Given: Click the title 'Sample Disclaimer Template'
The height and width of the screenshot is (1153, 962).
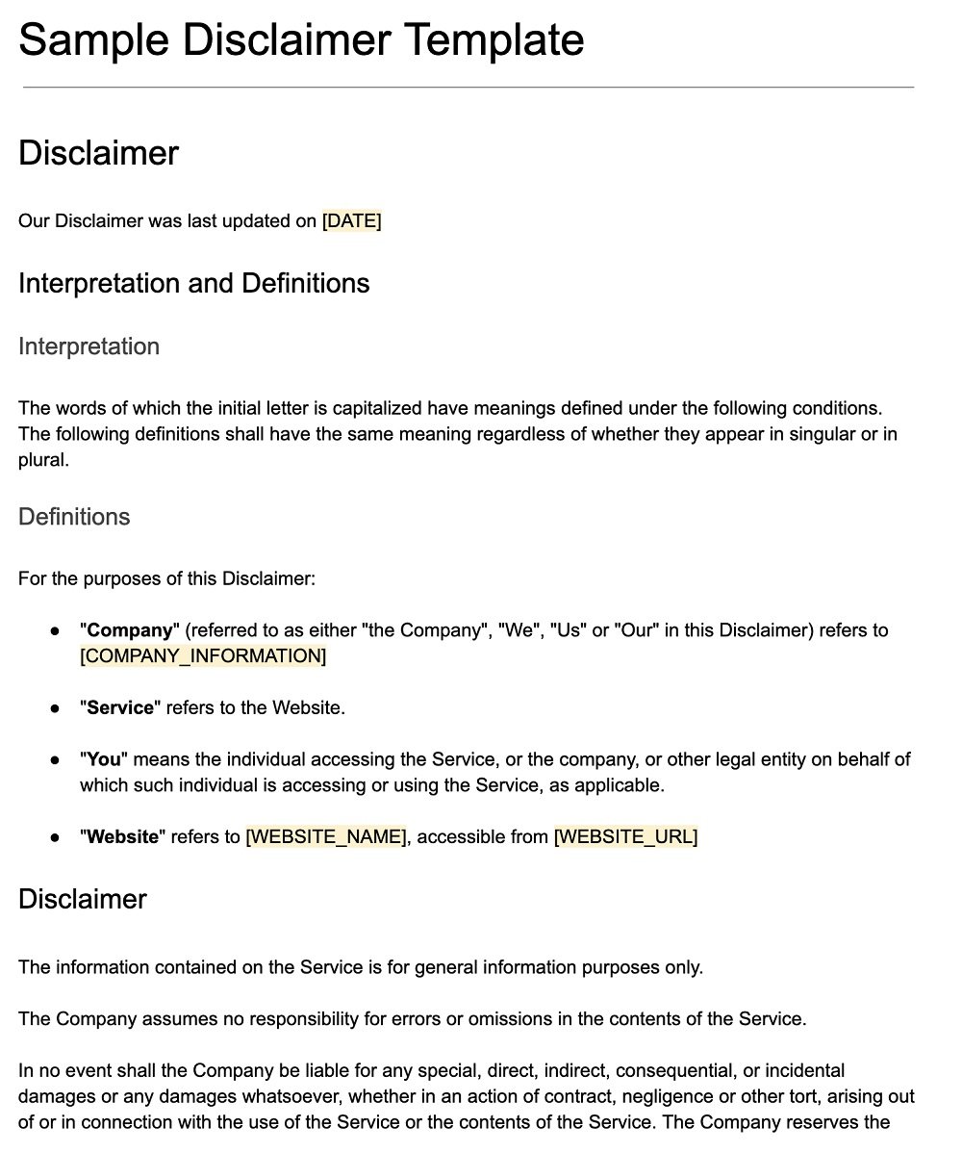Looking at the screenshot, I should (300, 40).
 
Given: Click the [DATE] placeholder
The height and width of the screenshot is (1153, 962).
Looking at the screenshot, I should (351, 221).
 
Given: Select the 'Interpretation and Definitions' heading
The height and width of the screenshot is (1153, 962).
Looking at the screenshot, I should (193, 283).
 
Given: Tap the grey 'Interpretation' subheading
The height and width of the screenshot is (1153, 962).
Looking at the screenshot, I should (89, 346).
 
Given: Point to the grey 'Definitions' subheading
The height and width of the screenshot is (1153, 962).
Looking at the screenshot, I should (74, 517).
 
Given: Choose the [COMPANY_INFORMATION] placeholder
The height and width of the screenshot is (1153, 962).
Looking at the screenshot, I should (203, 656).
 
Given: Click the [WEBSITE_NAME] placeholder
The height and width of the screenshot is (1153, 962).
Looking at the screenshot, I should (326, 837).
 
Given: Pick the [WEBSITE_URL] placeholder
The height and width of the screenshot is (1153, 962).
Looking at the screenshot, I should (625, 837).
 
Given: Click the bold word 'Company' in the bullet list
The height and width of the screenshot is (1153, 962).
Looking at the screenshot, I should (129, 631).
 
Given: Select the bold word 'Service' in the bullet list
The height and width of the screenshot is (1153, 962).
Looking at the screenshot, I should (120, 708).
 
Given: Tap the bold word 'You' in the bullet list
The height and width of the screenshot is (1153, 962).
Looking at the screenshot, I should (104, 760).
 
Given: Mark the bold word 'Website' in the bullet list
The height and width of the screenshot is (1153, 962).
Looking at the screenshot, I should (122, 837).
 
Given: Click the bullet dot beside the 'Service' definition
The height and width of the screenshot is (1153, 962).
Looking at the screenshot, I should (56, 708).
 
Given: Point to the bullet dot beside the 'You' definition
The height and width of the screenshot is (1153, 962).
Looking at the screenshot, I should (56, 760).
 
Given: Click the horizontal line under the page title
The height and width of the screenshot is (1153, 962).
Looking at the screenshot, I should (468, 88).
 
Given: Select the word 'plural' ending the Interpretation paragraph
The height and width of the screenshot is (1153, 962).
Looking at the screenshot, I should (41, 460).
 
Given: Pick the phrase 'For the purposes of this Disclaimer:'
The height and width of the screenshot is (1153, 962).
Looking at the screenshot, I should (166, 579).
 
